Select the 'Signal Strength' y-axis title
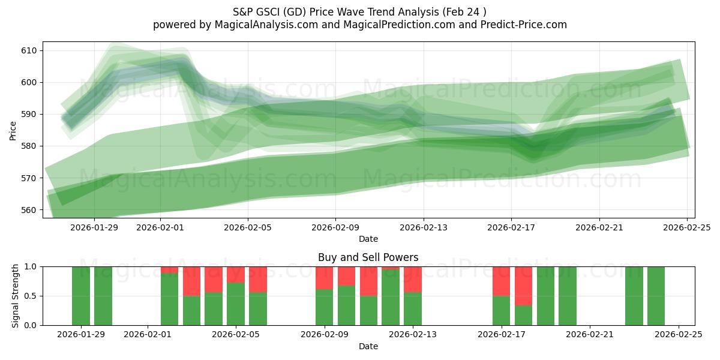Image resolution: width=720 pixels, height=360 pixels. (x=16, y=296)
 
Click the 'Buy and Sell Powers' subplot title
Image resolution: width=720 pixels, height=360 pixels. (x=368, y=257)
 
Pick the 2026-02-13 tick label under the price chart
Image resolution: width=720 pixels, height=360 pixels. (x=424, y=227)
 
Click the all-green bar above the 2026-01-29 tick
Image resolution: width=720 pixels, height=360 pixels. (x=81, y=296)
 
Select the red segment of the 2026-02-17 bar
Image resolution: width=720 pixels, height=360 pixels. (x=502, y=281)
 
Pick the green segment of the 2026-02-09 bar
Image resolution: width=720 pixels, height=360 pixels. (x=325, y=307)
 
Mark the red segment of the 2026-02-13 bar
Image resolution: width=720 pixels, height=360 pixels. (x=413, y=279)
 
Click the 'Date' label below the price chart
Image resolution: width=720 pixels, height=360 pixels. (x=368, y=239)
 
